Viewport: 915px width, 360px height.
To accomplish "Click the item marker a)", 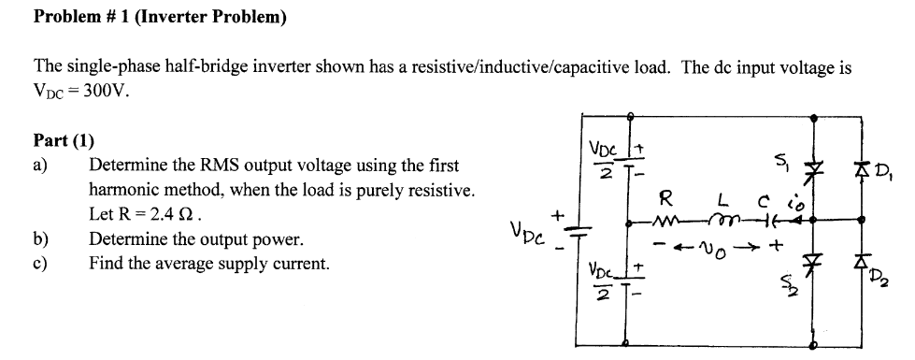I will pyautogui.click(x=41, y=166).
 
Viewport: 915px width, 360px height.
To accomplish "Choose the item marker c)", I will pyautogui.click(x=40, y=264).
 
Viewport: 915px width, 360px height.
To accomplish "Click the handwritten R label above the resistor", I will pyautogui.click(x=665, y=198).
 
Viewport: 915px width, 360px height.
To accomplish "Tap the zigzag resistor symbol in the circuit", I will pyautogui.click(x=671, y=223).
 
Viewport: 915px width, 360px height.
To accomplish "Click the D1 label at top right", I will pyautogui.click(x=883, y=172).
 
